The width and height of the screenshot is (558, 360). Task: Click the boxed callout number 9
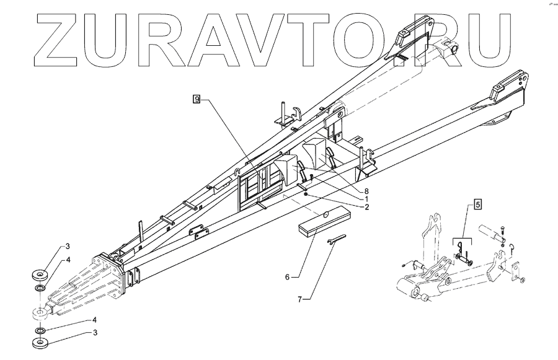pos(197,99)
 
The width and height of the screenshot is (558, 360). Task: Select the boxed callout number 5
pos(479,203)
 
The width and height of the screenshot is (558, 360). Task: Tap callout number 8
pos(366,191)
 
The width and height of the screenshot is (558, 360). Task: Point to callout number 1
pos(366,199)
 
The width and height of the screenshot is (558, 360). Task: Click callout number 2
pos(366,207)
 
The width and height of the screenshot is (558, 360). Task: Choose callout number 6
pos(287,277)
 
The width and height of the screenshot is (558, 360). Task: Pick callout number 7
pos(299,299)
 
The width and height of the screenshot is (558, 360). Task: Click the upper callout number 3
pos(69,247)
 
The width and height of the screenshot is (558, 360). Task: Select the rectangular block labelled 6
pos(323,221)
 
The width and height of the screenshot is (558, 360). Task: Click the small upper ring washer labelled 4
pos(39,289)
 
